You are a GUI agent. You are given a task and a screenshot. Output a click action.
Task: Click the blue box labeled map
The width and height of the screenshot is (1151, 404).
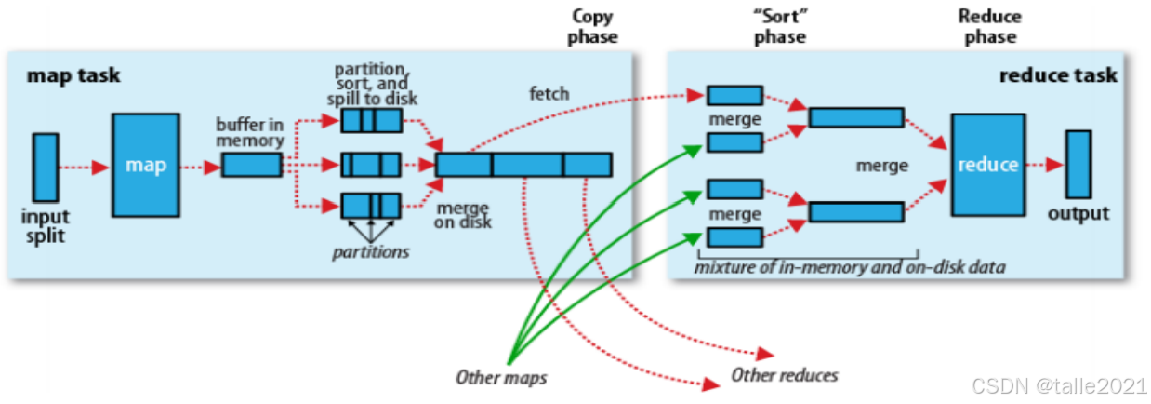coord(146,166)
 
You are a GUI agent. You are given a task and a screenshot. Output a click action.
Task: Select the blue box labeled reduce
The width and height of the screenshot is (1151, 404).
coord(987,164)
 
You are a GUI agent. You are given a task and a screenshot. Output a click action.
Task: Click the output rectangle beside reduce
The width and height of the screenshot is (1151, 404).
coord(1078,164)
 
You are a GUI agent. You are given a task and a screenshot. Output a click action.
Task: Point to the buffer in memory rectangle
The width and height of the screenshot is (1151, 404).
coord(251,166)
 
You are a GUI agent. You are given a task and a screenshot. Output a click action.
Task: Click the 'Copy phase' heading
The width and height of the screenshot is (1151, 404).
coord(594,27)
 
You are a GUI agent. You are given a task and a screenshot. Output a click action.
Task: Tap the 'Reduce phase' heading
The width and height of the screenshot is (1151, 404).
coord(989,27)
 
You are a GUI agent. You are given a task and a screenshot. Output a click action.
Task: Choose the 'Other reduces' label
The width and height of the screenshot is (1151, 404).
coord(784,375)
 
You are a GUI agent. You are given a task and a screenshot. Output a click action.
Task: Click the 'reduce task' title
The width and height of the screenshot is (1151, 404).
coord(1058,74)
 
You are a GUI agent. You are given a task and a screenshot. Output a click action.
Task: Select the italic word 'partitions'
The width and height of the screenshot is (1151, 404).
coord(371,251)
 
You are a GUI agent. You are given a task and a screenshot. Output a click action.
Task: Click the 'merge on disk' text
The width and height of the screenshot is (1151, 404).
coord(462,214)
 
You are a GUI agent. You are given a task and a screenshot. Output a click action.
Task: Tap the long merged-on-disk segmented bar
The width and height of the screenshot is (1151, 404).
coord(523,165)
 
